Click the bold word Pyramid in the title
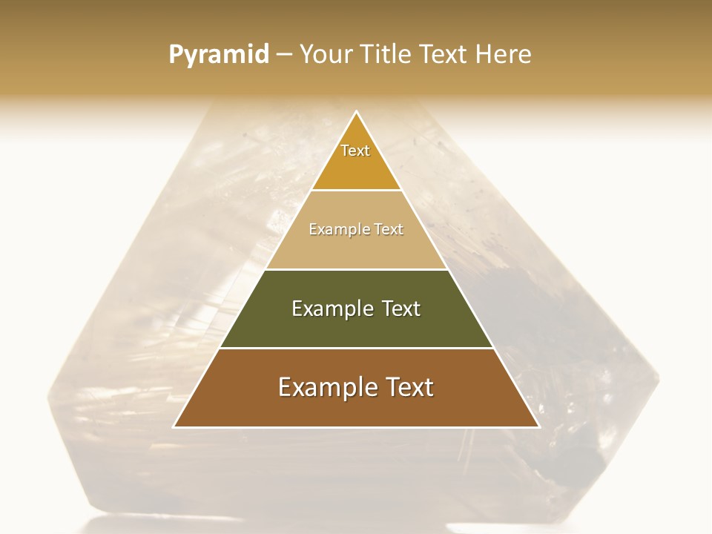pyautogui.click(x=219, y=55)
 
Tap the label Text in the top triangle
pyautogui.click(x=355, y=151)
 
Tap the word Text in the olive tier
pyautogui.click(x=400, y=309)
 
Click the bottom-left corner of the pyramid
pyautogui.click(x=174, y=426)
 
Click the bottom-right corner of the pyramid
pyautogui.click(x=538, y=426)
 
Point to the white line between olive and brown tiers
pyautogui.click(x=356, y=348)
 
